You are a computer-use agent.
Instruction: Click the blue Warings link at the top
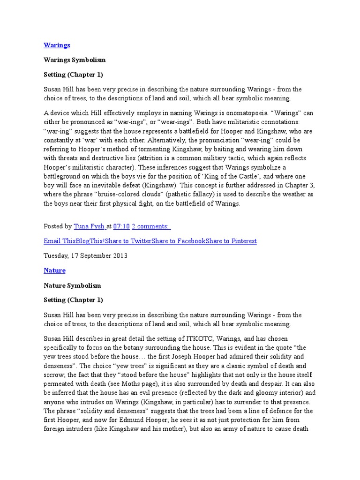[57, 45]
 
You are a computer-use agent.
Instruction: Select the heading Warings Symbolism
[75, 60]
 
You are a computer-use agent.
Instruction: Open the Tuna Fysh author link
[90, 226]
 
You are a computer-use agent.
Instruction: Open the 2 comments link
[151, 226]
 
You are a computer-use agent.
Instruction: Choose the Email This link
[59, 241]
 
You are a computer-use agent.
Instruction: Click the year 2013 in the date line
[120, 256]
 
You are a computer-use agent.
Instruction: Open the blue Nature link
[54, 270]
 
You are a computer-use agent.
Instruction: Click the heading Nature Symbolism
[72, 285]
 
